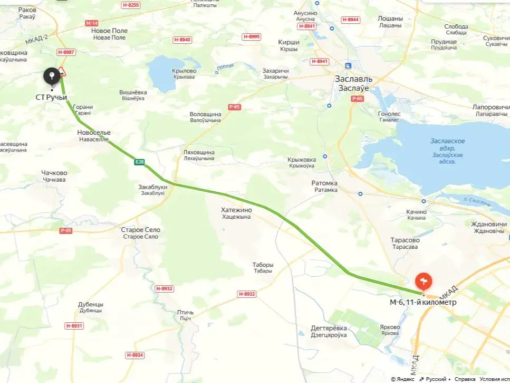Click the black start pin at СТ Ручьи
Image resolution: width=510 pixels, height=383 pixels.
pos(51,77)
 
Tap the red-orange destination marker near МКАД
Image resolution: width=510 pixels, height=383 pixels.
pos(424,281)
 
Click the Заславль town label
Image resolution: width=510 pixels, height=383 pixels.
pos(353,79)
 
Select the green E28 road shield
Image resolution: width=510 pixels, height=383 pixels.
pos(139,162)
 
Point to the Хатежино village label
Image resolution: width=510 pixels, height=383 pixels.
pos(236,210)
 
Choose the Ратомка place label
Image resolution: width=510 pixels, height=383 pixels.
pos(324,183)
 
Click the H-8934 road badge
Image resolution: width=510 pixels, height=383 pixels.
pos(135,355)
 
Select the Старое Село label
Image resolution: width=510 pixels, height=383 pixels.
pos(140,230)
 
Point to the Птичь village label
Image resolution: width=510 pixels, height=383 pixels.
pos(185,313)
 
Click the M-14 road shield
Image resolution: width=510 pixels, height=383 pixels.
pos(91,23)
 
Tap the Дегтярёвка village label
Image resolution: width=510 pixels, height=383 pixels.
pos(329,328)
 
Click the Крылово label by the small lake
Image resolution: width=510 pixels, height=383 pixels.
pos(184,71)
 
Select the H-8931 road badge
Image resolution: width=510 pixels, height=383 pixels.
pos(74,326)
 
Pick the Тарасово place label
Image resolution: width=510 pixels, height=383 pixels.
pos(405,240)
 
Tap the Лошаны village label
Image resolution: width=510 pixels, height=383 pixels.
pos(390,18)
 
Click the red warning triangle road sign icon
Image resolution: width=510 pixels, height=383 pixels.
pos(62,71)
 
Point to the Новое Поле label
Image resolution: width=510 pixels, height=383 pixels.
pos(109,31)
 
